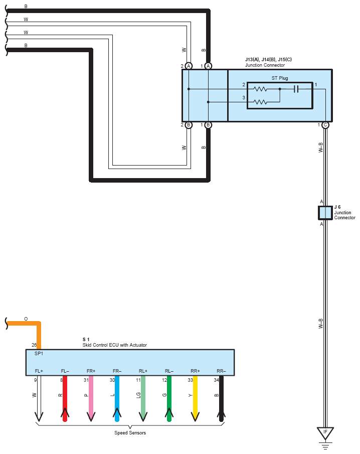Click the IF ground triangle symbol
[325, 432]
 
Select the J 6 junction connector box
[325, 213]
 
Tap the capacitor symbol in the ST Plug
[296, 89]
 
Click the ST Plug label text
[280, 78]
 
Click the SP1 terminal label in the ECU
[39, 354]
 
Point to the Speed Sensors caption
[130, 433]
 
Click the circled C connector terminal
[325, 125]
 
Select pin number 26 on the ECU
[34, 345]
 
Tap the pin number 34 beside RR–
[217, 380]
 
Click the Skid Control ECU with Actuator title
[115, 345]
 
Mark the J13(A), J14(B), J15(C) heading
[268, 60]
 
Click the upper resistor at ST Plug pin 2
[260, 89]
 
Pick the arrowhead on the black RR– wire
[221, 415]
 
